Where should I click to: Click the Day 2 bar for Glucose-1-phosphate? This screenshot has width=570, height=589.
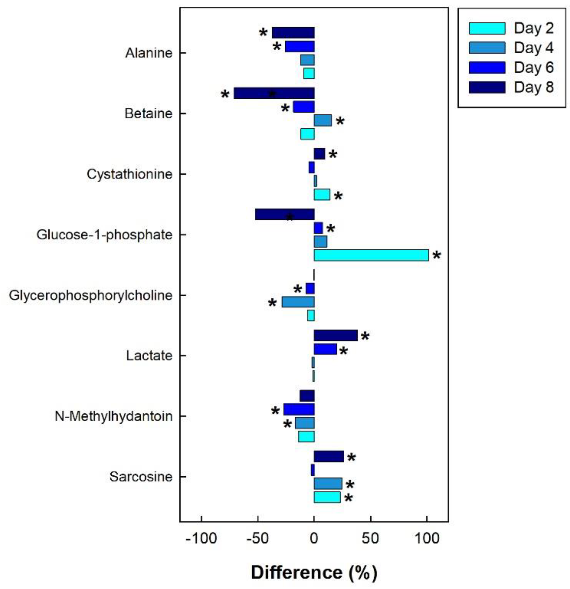coord(371,255)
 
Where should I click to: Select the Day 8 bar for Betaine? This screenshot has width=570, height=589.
coord(274,93)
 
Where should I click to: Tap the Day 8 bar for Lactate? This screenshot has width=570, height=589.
coord(336,335)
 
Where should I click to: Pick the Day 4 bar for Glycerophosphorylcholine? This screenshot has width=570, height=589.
coord(298,302)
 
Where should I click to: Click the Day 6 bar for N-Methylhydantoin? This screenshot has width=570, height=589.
coord(299,409)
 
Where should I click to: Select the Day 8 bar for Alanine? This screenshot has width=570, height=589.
coord(293,32)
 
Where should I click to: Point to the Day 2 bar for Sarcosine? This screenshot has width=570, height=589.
coord(327,497)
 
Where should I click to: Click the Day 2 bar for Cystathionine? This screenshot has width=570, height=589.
coord(322,194)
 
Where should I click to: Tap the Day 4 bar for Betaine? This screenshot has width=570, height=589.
coord(323,120)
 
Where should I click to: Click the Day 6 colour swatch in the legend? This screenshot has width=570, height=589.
coord(487,68)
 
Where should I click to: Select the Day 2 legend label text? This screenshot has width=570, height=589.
coord(534,28)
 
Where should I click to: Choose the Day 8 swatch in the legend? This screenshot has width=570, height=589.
coord(487,87)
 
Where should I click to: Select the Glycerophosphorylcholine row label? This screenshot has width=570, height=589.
coord(90,295)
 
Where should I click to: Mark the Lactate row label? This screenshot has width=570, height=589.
coord(149,356)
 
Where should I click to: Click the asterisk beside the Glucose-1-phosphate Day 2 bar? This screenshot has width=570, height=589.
coord(437,256)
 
